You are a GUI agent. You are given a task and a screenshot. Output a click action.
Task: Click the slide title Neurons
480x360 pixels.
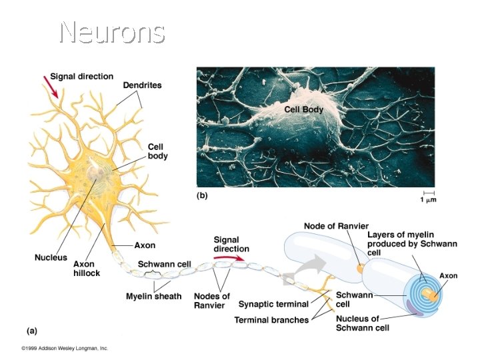(x=111, y=31)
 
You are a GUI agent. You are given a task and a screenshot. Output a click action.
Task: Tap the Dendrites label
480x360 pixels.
(x=142, y=85)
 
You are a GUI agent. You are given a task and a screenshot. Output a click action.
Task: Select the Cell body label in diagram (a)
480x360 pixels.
(x=157, y=151)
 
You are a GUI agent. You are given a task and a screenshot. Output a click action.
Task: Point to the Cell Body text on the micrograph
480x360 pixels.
(x=303, y=109)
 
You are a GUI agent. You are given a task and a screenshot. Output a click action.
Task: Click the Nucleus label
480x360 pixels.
(x=51, y=257)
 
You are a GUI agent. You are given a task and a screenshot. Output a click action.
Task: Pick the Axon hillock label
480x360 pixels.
(x=87, y=268)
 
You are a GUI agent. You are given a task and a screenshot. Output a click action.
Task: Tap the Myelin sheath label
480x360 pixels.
(x=154, y=296)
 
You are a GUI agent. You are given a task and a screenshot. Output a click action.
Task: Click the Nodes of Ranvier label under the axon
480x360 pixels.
(x=211, y=301)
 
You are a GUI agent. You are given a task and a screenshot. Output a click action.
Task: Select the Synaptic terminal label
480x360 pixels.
(x=273, y=304)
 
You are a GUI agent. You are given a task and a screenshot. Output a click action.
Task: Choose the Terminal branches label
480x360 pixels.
(x=271, y=320)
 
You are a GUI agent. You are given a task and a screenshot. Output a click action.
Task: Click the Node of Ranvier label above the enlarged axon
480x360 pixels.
(x=336, y=226)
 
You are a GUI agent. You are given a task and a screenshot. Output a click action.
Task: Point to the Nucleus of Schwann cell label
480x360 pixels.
(x=357, y=323)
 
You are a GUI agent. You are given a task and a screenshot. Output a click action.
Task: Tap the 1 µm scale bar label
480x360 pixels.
(x=427, y=199)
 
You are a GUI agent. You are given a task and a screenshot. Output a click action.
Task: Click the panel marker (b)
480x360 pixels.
(x=203, y=196)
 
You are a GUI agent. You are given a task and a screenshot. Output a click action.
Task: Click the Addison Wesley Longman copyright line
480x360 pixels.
(x=64, y=348)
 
